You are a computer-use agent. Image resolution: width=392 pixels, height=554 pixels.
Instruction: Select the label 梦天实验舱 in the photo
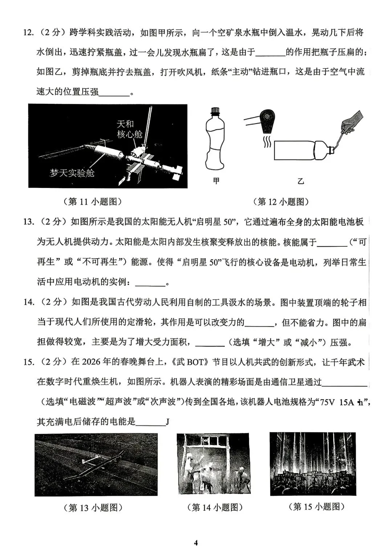click(72, 173)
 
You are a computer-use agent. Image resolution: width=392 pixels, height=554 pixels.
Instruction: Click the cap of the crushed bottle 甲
click(216, 111)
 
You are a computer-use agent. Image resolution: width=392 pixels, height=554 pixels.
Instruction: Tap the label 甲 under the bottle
click(216, 180)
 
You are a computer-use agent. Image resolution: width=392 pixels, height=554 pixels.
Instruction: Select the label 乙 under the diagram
click(301, 181)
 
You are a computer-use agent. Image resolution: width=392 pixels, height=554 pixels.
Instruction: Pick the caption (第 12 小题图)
click(281, 202)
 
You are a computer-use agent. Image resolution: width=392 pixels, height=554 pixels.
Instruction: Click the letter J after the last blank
click(168, 422)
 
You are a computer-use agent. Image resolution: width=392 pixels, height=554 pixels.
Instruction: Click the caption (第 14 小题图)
click(214, 507)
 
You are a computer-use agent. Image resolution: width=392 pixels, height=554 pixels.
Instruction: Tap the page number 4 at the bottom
click(196, 543)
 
